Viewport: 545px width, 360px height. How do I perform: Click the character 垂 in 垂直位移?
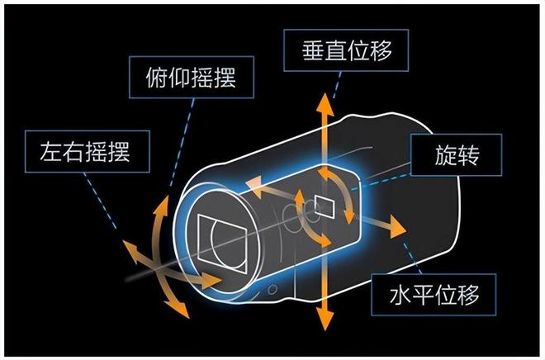(306, 50)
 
